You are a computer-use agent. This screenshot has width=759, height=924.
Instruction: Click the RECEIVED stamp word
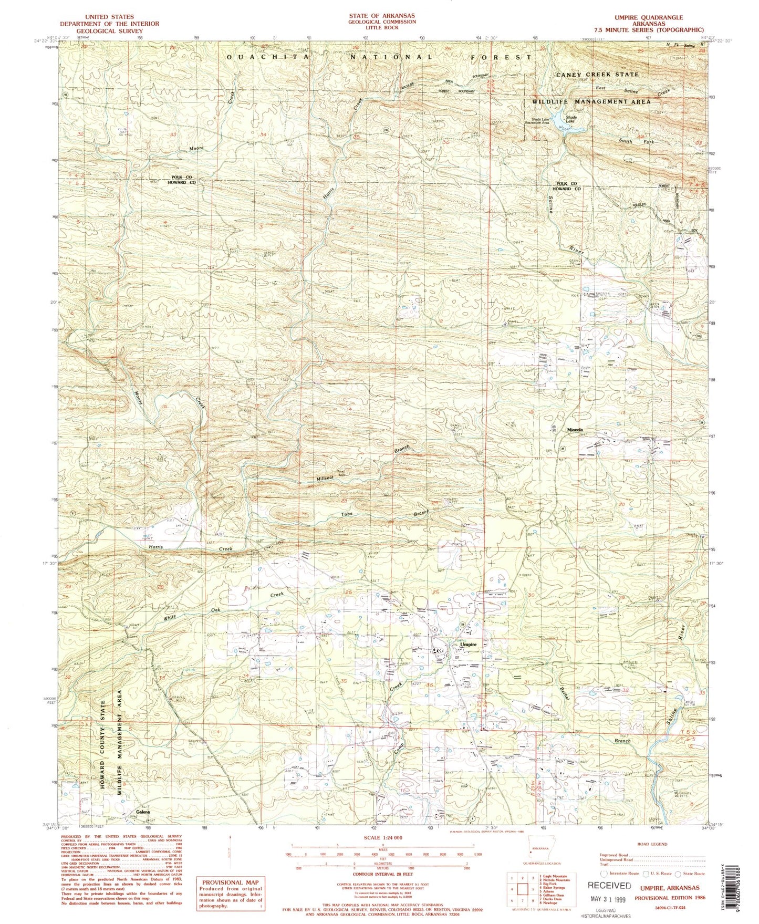[x=609, y=885]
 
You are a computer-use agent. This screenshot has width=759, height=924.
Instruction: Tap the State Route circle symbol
[x=679, y=874]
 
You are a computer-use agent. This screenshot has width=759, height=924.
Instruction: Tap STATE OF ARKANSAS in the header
[x=381, y=16]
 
